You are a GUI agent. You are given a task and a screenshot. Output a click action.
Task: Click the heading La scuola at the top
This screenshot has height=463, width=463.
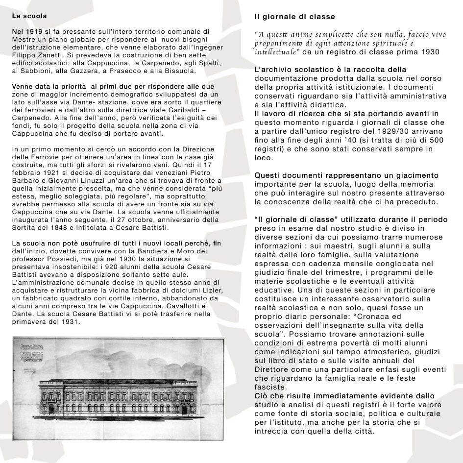coord(25,16)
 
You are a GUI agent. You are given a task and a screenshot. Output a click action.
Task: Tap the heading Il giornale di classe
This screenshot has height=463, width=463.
coord(294,17)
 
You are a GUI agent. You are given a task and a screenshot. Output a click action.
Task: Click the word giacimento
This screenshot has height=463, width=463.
coord(417,175)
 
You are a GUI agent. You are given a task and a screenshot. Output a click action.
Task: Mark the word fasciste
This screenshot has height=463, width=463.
coord(270,387)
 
